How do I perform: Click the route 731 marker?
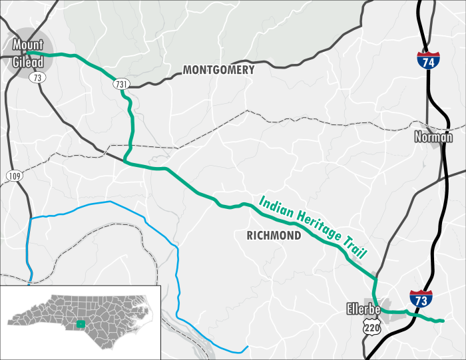coord(120,84)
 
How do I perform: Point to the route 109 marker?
coord(14,176)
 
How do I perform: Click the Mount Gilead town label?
coord(28,53)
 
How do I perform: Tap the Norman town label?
coord(433,138)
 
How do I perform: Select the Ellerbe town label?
coord(363,309)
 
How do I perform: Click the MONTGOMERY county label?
coord(218,70)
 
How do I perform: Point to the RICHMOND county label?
coord(274,235)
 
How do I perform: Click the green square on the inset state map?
coord(81,324)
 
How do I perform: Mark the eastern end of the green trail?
coord(441,321)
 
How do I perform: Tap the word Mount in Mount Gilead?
coord(28,45)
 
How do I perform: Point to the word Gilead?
coord(28,62)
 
